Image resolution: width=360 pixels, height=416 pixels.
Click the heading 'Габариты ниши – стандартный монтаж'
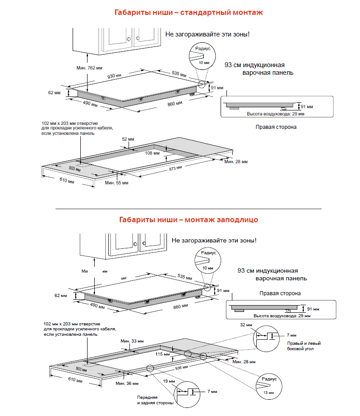click(188, 13)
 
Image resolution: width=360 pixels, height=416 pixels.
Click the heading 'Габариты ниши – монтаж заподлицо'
click(188, 220)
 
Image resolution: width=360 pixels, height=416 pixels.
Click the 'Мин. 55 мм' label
click(116, 183)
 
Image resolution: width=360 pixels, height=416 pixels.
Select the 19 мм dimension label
click(167, 381)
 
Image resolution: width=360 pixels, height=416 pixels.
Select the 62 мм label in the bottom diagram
click(60, 296)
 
